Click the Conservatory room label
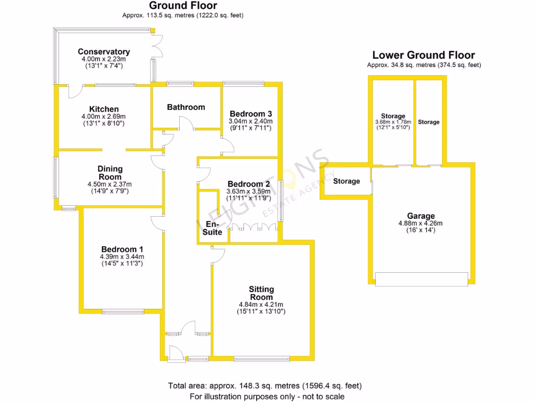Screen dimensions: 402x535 click(103, 52)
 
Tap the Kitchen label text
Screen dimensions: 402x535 click(103, 109)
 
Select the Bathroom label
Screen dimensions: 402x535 click(186, 107)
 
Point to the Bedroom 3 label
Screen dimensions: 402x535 click(251, 114)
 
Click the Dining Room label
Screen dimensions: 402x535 click(110, 173)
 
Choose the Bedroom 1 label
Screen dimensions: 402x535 click(122, 249)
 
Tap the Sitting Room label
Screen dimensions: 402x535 click(261, 293)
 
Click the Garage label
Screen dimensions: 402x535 click(421, 216)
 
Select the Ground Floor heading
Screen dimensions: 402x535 click(183, 6)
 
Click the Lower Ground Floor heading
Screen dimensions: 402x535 click(423, 55)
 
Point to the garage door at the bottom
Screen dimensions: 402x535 click(421, 279)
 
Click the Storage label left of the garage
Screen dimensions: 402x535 click(346, 181)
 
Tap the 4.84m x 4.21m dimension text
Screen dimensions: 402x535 click(261, 305)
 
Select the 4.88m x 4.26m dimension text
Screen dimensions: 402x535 click(421, 224)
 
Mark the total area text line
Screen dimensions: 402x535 click(264, 386)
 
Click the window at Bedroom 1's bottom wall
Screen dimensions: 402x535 click(123, 312)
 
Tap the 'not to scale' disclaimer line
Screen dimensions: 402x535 click(266, 396)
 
